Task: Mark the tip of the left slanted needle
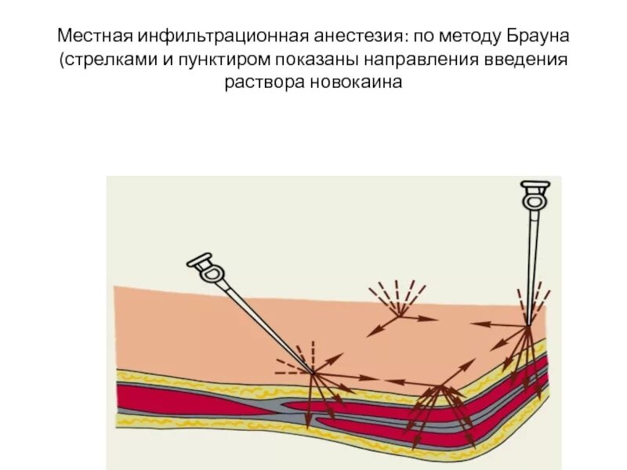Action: click(312, 371)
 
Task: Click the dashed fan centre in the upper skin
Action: click(401, 315)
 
